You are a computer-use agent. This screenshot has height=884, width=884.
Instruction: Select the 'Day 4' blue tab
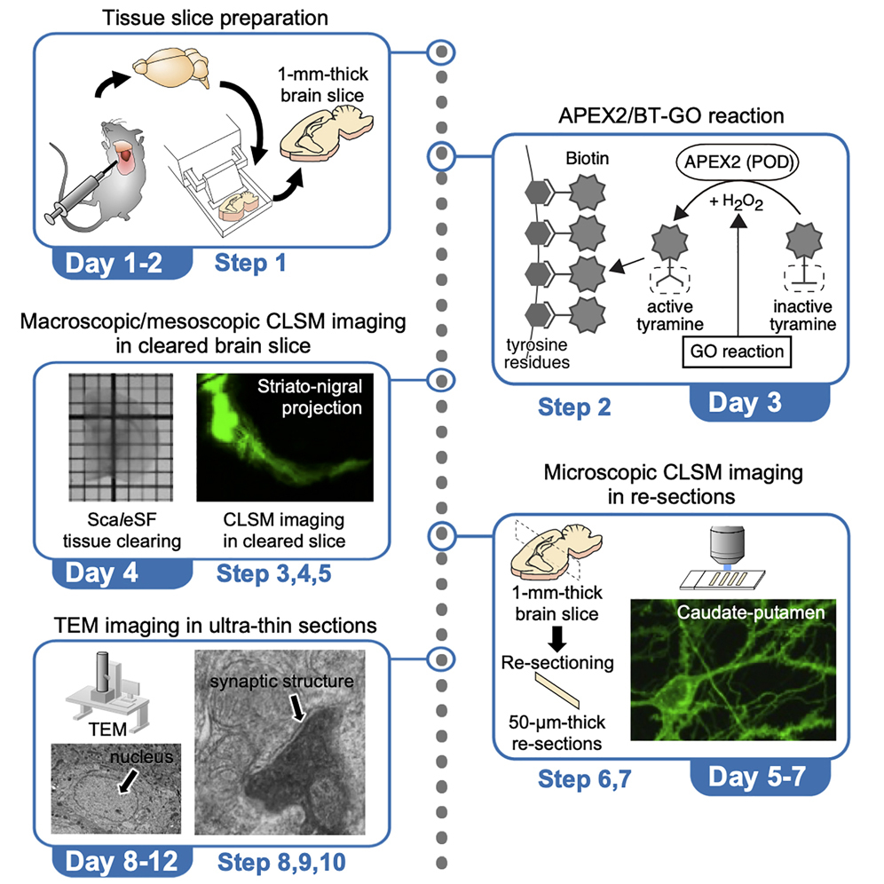pyautogui.click(x=101, y=572)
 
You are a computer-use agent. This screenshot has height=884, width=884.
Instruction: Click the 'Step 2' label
pyautogui.click(x=573, y=407)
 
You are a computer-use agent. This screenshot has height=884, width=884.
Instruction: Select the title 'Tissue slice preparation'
pyautogui.click(x=216, y=17)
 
